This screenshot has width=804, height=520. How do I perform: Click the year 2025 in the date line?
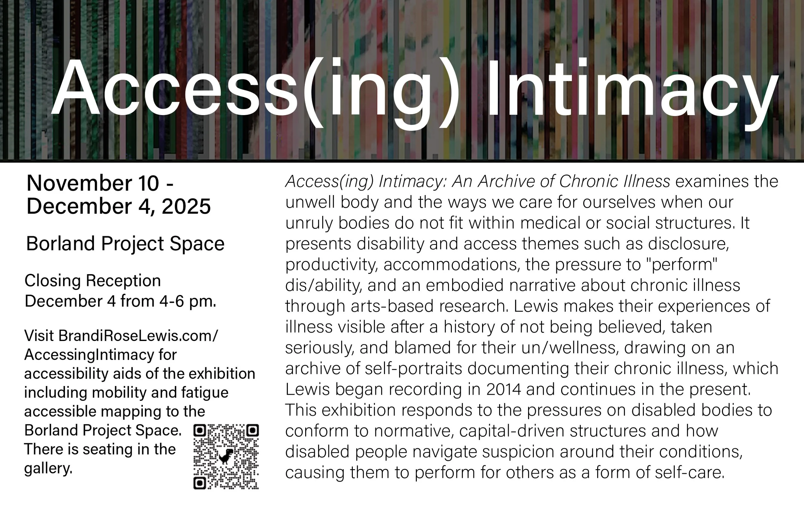tap(186, 206)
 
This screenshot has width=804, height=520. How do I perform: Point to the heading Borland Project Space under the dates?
tap(125, 244)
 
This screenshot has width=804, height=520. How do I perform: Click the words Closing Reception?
tap(93, 281)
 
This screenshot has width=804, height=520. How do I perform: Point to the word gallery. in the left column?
tap(48, 468)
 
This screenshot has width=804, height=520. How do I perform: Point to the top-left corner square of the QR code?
tap(200, 431)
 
